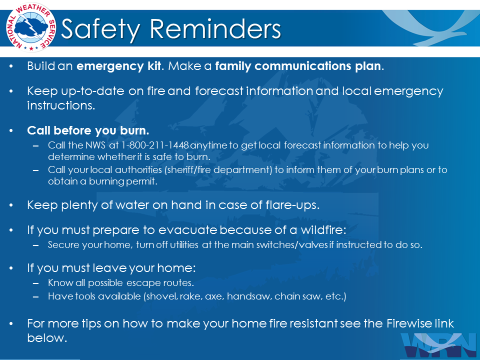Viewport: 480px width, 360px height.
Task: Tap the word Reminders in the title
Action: (215, 29)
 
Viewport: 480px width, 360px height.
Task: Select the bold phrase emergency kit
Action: (119, 66)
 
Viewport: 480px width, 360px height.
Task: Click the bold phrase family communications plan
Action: (298, 66)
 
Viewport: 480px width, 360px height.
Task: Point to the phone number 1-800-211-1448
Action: (155, 145)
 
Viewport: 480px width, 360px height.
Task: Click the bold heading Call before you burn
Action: (88, 130)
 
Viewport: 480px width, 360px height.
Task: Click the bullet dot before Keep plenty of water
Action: (11, 205)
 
